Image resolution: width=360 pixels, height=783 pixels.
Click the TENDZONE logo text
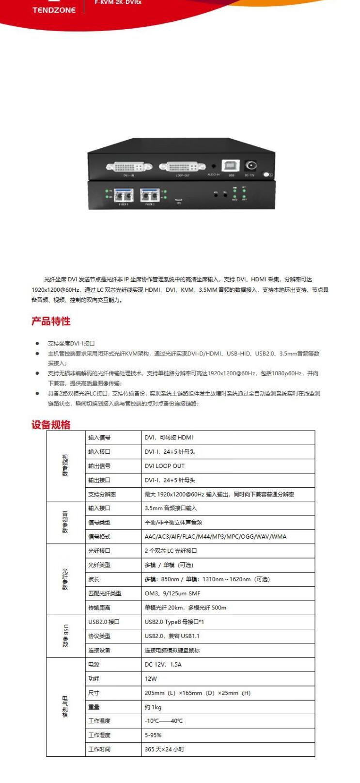[x=54, y=10]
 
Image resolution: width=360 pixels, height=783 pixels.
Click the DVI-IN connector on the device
[x=129, y=167]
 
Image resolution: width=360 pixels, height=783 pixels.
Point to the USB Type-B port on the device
[x=231, y=166]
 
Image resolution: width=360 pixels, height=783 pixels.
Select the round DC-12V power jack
[x=250, y=165]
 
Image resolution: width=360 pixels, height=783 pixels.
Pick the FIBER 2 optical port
[x=149, y=195]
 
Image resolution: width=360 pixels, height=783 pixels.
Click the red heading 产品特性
[x=51, y=321]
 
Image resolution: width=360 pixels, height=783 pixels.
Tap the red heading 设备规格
[x=51, y=425]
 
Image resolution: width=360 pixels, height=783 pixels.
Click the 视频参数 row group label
[x=65, y=465]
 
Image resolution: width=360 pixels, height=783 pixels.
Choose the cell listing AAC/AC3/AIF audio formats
[x=215, y=537]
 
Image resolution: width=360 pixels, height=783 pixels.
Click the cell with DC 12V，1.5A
[x=163, y=664]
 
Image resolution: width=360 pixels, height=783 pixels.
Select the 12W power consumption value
[x=151, y=679]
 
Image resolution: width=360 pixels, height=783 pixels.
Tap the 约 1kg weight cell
[x=153, y=707]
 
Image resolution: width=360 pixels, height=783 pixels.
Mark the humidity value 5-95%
[x=153, y=735]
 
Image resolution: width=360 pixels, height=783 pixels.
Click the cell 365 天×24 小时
[x=164, y=750]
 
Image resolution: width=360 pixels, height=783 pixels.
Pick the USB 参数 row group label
[x=65, y=636]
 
